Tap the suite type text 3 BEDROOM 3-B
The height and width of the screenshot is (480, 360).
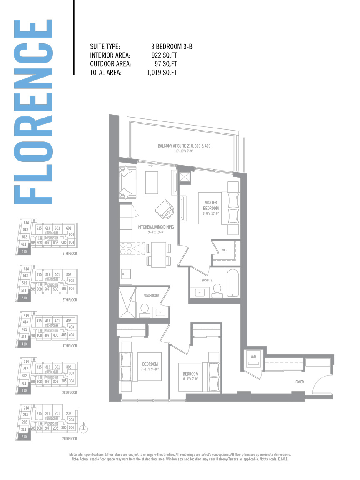point(172,47)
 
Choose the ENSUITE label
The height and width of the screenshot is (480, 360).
point(201,280)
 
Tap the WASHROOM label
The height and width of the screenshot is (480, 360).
point(152,295)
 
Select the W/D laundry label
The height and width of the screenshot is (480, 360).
point(252,357)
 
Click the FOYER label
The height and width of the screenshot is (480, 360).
point(299,382)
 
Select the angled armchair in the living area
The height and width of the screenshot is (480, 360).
point(163,208)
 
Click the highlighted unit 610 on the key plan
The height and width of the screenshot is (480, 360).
point(24,251)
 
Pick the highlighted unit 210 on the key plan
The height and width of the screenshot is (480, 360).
point(24,436)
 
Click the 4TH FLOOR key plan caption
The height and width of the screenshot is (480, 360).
point(69,346)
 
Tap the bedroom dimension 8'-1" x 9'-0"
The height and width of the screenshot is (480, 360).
point(190,379)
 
